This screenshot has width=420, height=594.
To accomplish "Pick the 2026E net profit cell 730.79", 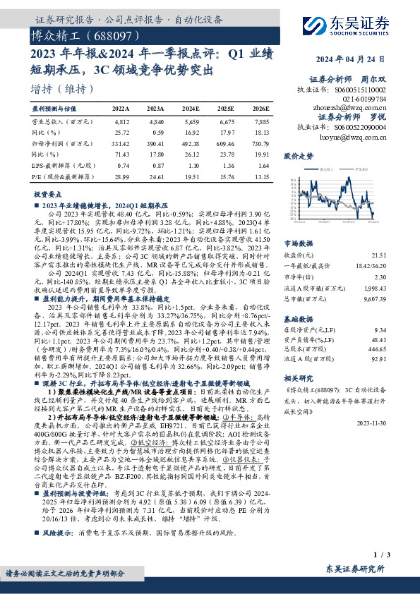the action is click(259, 143).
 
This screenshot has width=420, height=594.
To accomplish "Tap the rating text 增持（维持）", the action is click(63, 90).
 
